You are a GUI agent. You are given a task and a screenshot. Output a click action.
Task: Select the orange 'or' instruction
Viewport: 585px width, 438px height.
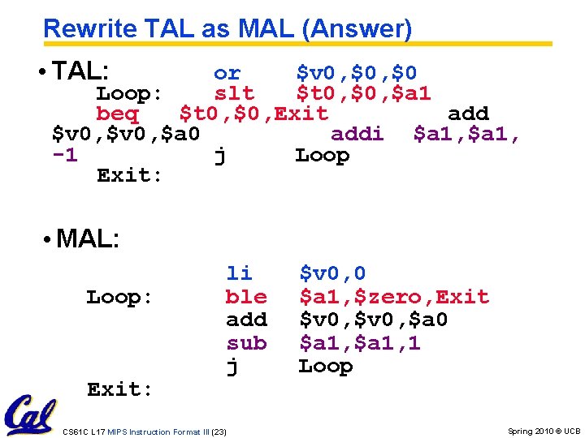click(x=227, y=74)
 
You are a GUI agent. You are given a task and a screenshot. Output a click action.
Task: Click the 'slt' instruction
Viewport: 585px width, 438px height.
click(x=234, y=94)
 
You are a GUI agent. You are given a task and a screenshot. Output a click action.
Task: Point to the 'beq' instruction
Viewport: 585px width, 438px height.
click(x=117, y=114)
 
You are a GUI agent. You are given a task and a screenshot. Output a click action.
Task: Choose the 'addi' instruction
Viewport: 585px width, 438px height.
click(x=357, y=134)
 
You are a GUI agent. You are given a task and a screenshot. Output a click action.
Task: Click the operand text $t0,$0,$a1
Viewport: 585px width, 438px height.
click(x=363, y=94)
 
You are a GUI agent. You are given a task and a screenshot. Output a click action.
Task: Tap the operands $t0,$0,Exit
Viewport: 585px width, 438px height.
click(x=253, y=114)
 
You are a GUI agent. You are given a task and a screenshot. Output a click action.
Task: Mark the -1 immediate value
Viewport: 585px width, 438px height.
click(x=65, y=155)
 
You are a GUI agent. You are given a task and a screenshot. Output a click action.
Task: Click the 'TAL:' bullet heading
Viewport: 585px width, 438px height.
click(x=81, y=71)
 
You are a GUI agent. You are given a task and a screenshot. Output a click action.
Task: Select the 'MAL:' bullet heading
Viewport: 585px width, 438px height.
click(x=88, y=238)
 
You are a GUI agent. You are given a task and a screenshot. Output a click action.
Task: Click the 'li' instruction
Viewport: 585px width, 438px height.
click(x=239, y=273)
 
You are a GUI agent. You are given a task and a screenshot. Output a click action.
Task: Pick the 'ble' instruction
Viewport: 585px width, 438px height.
click(x=246, y=297)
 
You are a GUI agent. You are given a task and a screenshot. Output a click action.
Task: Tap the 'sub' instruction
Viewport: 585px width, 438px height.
click(x=246, y=343)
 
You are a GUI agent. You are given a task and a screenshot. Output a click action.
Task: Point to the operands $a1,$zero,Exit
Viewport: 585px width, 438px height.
click(x=394, y=297)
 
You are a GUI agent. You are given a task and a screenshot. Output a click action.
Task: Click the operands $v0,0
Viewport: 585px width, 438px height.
click(x=332, y=274)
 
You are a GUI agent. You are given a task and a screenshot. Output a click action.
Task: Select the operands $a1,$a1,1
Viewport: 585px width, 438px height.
click(x=360, y=343)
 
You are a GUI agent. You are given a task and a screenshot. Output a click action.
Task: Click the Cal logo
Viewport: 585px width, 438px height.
click(x=29, y=416)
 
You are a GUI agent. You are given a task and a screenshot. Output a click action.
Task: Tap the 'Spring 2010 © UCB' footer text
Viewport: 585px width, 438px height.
click(x=544, y=432)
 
